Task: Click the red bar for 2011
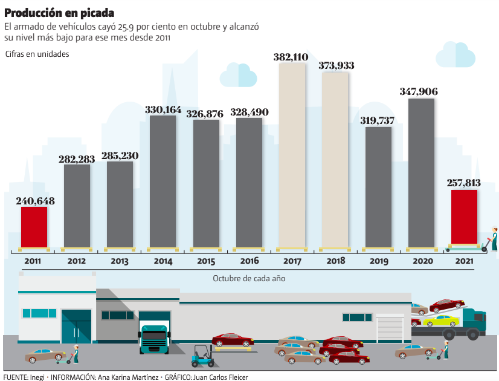(34, 227)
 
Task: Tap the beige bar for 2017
(292, 155)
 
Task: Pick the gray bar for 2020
(421, 172)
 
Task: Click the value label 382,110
(291, 57)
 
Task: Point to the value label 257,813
(464, 183)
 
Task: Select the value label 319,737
(377, 120)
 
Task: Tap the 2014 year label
(163, 261)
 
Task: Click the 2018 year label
(336, 261)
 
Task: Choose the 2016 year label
(249, 261)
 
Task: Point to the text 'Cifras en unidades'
(37, 54)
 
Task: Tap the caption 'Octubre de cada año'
(249, 279)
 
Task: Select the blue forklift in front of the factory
(201, 357)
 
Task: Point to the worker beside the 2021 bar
(494, 239)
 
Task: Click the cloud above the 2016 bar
(238, 75)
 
